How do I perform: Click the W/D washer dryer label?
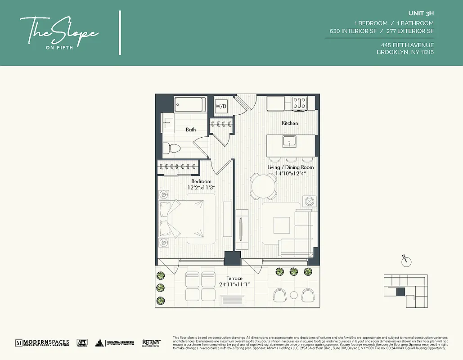(221, 107)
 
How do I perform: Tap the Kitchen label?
(290, 123)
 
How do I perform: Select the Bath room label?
(191, 130)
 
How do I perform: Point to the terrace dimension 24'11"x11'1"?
(235, 284)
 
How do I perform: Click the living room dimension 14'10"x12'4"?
(291, 173)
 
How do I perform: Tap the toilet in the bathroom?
(171, 147)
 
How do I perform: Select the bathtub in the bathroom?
(190, 105)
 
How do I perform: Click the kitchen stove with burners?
(299, 103)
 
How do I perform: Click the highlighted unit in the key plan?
(400, 292)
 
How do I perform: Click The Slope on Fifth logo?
(59, 31)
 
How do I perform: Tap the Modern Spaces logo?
(42, 343)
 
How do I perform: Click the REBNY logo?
(151, 343)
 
